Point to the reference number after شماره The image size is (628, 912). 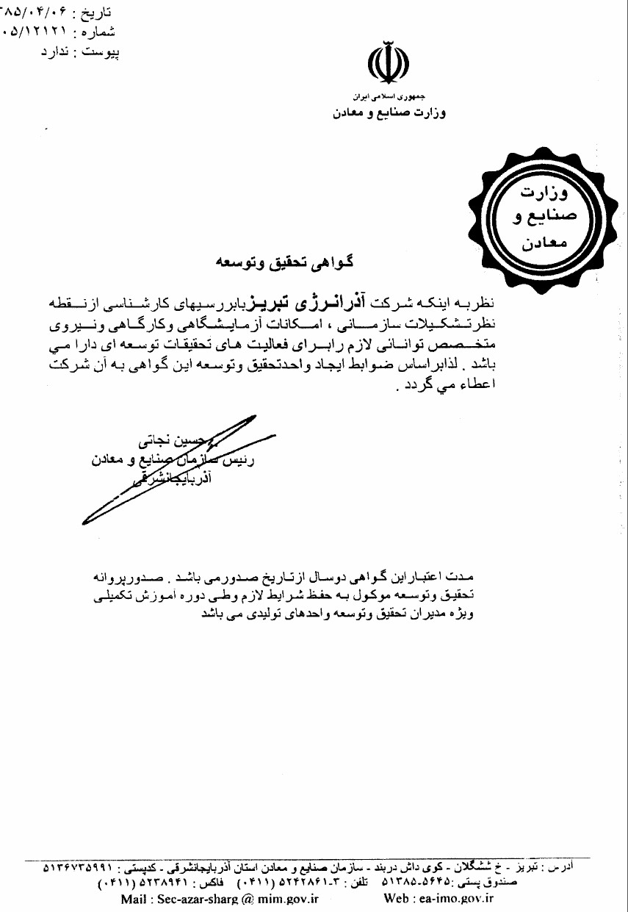pos(37,32)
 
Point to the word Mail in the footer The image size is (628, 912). pos(134,897)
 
